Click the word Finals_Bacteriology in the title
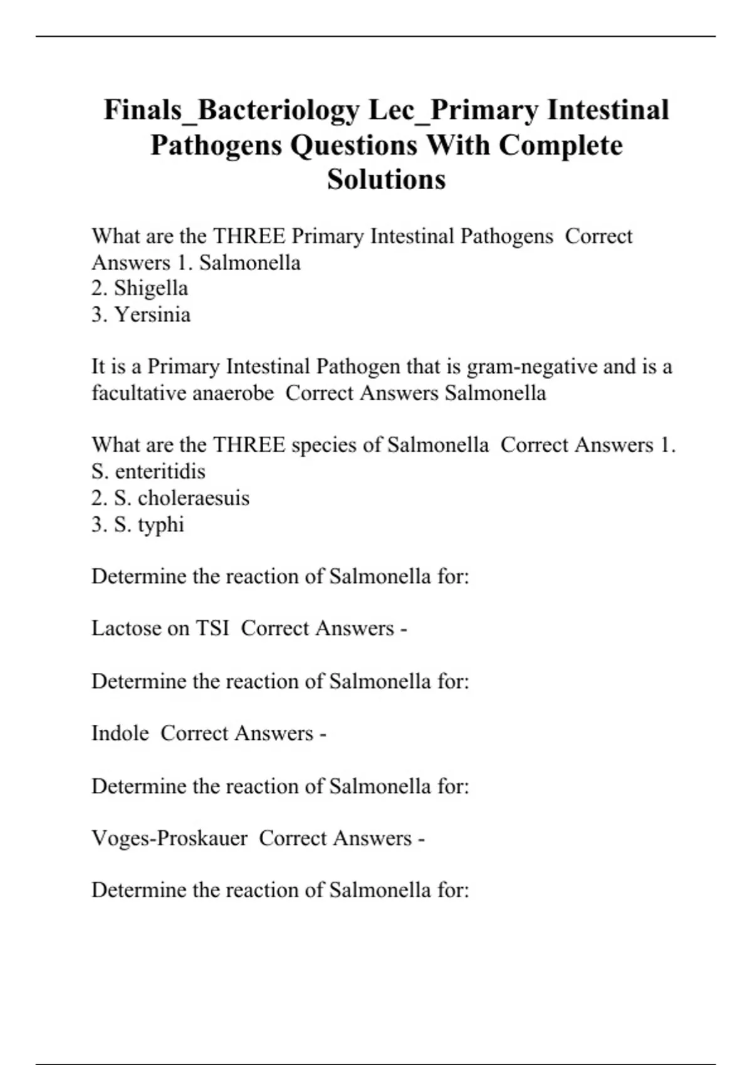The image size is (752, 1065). point(232,110)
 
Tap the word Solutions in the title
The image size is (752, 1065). point(386,180)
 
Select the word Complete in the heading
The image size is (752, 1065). point(560,145)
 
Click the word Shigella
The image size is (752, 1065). point(151,288)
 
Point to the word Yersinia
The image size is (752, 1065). point(152,314)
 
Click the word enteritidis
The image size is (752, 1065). point(160,471)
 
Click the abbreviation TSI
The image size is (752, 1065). point(212,628)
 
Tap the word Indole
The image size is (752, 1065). point(120,733)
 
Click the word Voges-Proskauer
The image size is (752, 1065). point(169,838)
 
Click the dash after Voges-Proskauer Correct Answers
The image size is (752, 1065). point(421,839)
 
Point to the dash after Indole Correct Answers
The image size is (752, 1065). point(323,734)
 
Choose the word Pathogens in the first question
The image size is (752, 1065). point(507,236)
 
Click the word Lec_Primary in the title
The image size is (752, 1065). point(454,110)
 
